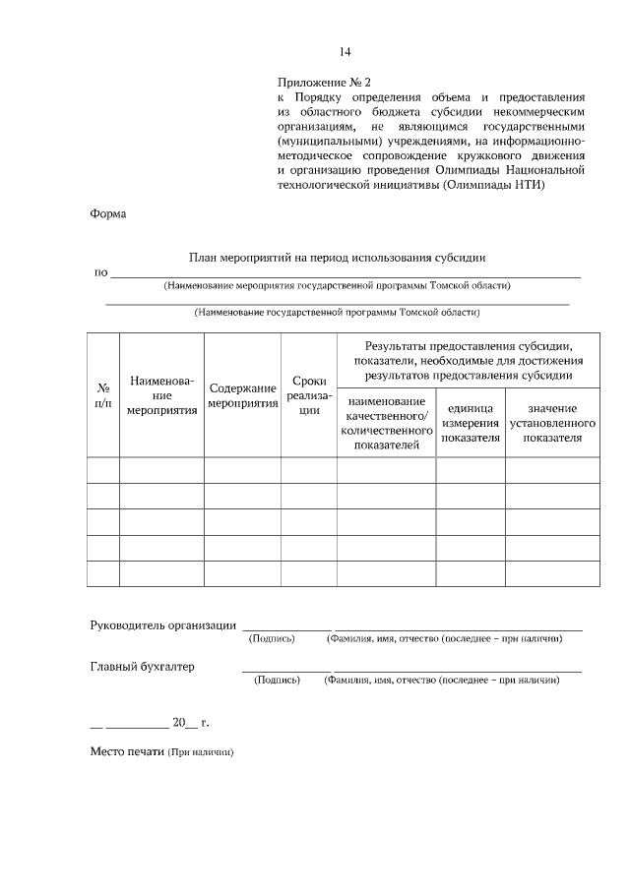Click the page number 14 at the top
(x=345, y=51)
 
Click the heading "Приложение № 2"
(x=324, y=84)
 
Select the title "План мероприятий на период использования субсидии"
(x=338, y=258)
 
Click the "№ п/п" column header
(x=103, y=395)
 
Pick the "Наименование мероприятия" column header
(x=161, y=395)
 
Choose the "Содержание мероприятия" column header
(x=242, y=395)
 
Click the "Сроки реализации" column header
(x=309, y=395)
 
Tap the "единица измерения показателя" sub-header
(x=471, y=423)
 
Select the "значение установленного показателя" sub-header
(x=551, y=423)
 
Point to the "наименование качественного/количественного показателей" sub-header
(x=386, y=424)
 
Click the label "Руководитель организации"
(x=162, y=624)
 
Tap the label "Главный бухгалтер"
(x=143, y=666)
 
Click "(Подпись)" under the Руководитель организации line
(x=272, y=638)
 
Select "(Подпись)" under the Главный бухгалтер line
(x=277, y=680)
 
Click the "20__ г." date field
(x=190, y=723)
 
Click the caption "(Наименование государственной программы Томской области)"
(x=337, y=314)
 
